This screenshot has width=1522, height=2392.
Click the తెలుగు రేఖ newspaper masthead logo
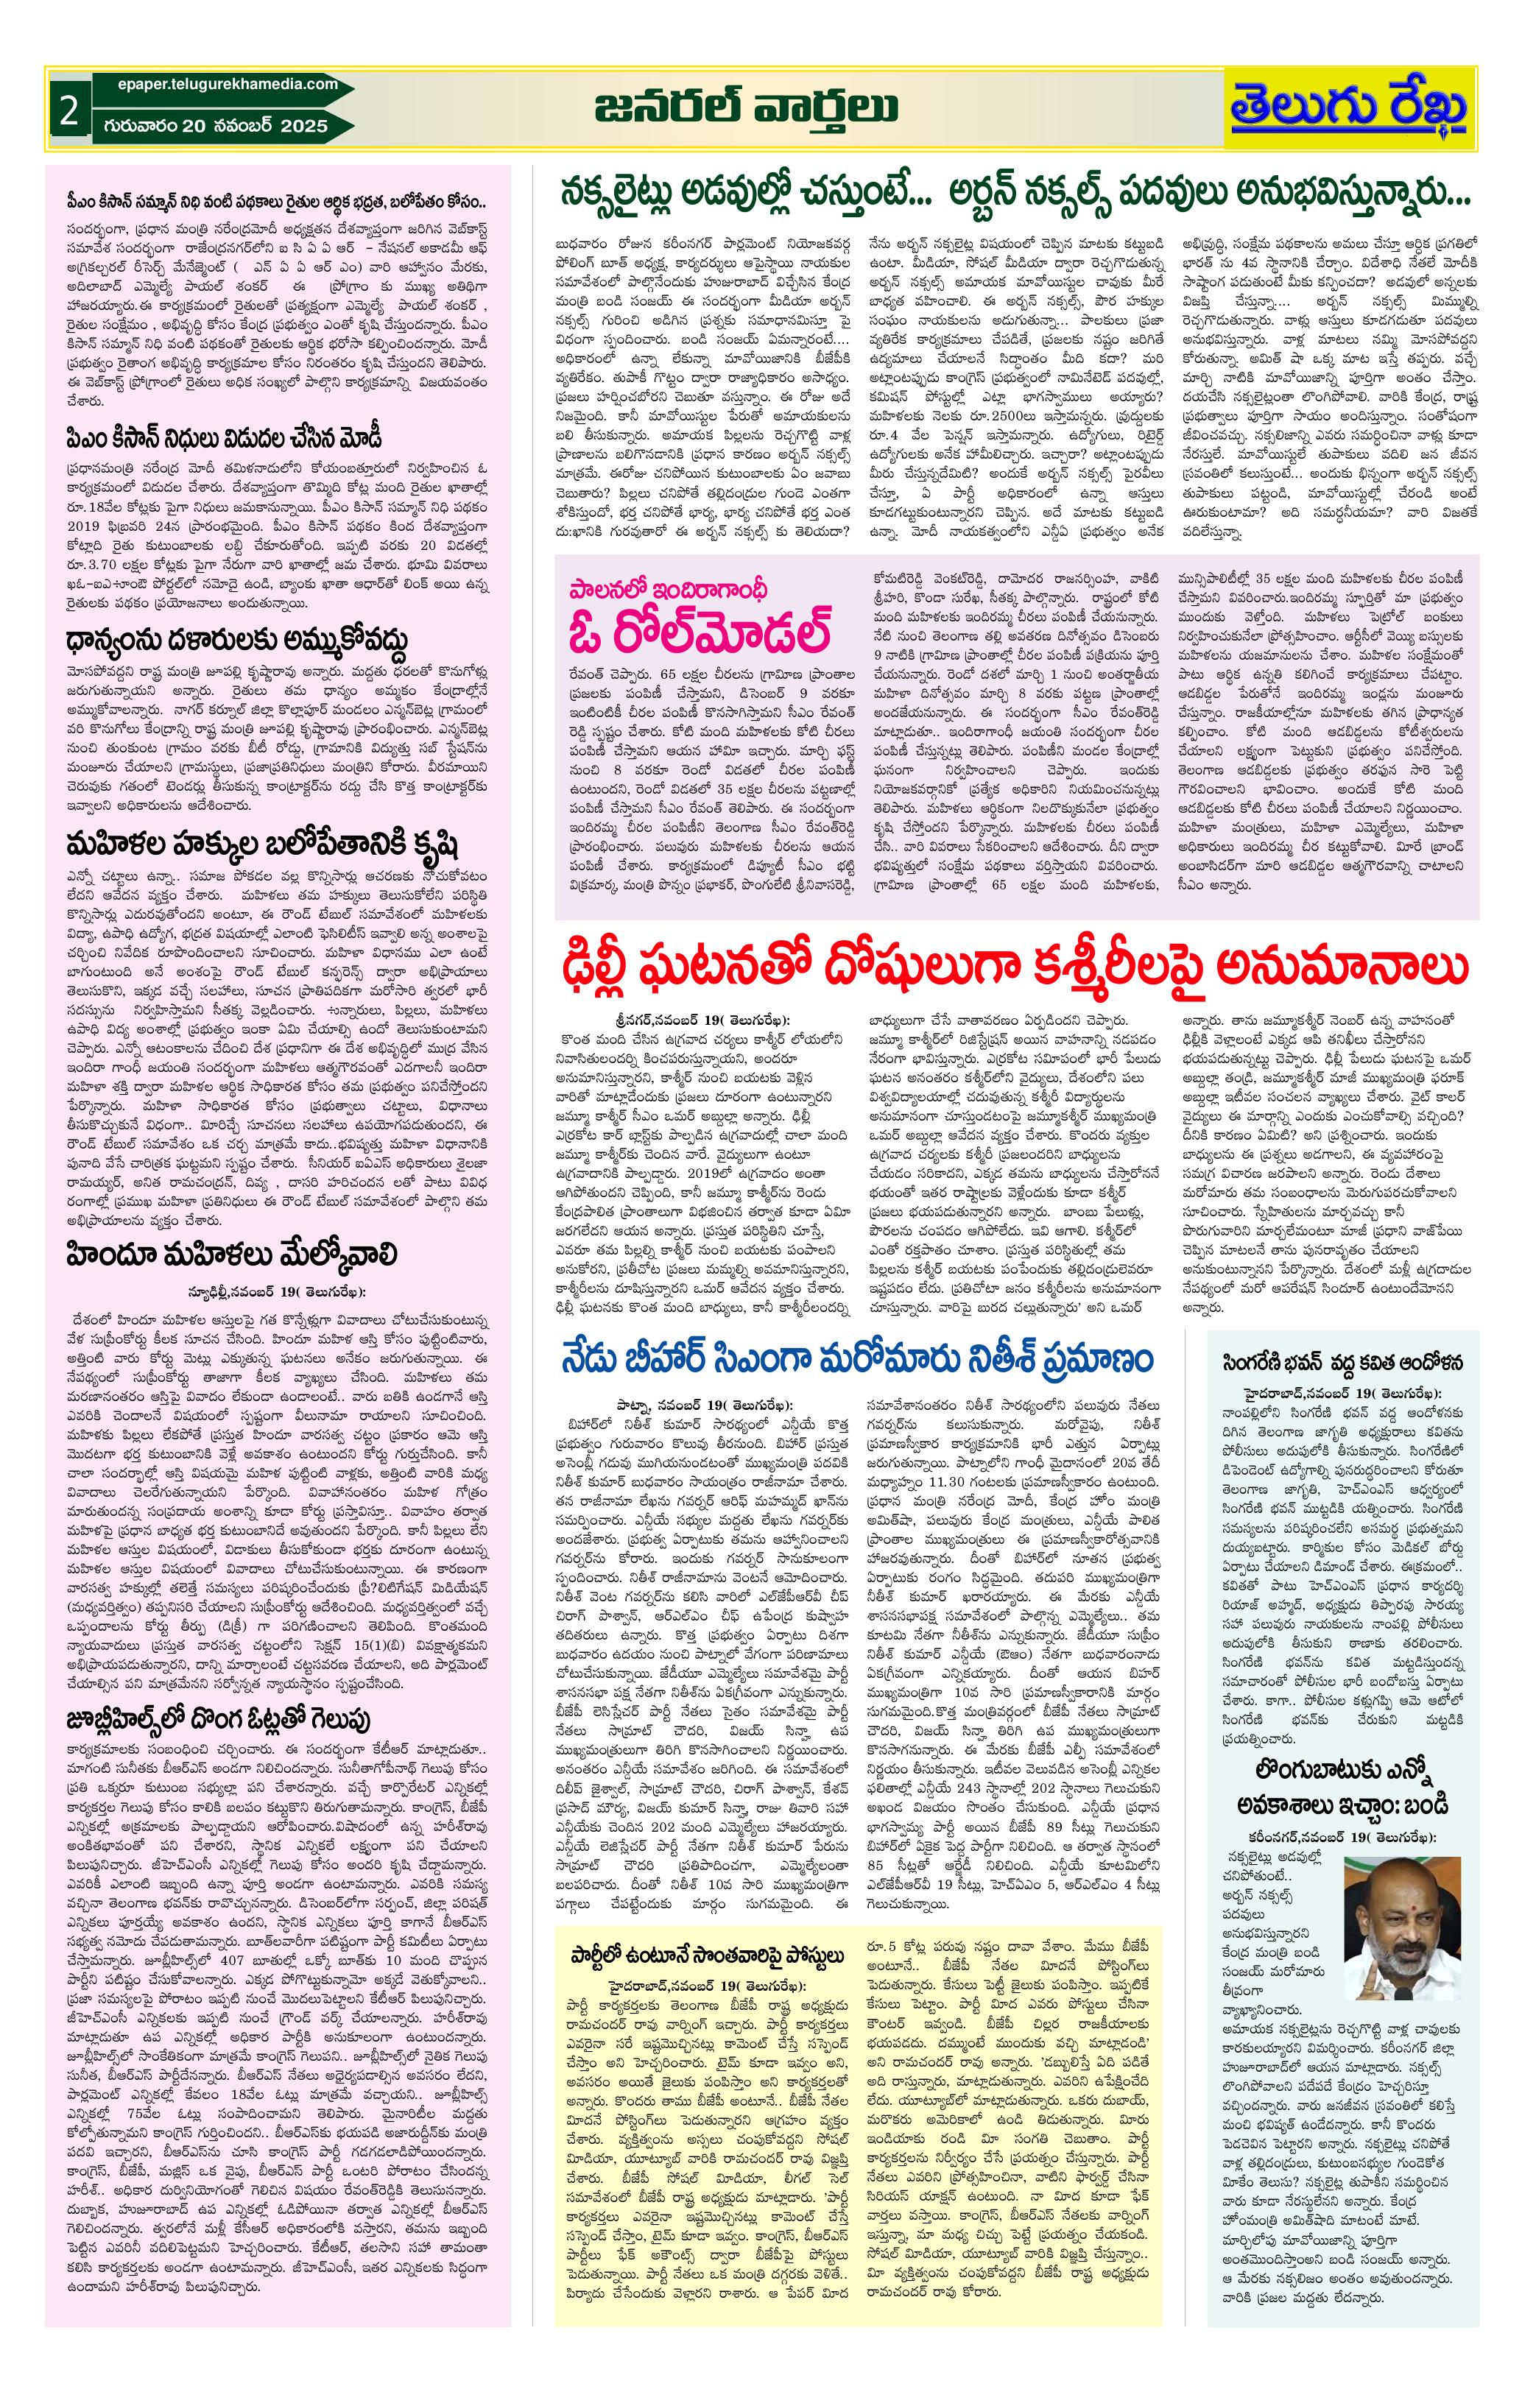(1350, 108)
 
